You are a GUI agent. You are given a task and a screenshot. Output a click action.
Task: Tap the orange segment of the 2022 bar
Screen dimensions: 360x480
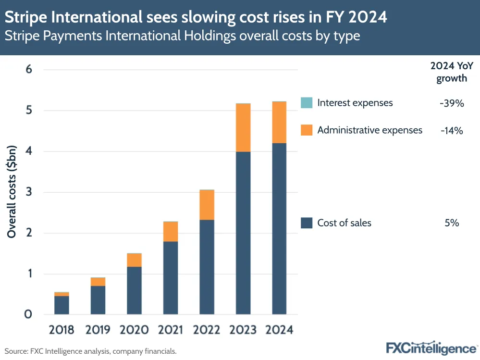click(207, 205)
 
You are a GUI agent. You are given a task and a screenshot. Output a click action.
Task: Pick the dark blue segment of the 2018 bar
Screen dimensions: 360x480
click(62, 305)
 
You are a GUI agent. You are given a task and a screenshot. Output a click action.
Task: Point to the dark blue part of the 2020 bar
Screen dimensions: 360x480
click(134, 291)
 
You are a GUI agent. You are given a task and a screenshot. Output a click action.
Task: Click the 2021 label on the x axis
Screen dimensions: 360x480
click(170, 330)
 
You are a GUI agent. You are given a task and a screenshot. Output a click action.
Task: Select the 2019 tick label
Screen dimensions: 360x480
click(98, 330)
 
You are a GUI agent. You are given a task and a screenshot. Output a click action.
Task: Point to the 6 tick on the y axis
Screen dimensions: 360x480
click(28, 70)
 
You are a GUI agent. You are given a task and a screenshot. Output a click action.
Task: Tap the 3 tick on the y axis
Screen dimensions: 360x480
click(28, 192)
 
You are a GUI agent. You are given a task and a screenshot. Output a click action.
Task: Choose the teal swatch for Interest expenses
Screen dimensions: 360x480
click(307, 103)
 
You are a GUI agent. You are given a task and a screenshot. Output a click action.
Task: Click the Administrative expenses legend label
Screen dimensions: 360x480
click(369, 130)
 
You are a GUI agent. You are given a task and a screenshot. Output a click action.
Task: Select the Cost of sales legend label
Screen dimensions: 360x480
click(344, 223)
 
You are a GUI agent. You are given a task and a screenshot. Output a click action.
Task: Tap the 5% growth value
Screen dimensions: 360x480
click(452, 223)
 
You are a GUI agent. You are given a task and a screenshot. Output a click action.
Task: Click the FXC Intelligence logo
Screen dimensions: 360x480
click(431, 348)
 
